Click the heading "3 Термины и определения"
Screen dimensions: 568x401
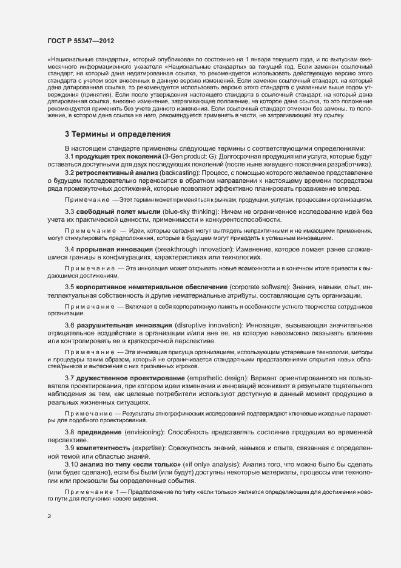118,134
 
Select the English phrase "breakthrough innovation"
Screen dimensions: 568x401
198,250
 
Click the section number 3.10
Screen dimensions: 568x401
72,464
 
